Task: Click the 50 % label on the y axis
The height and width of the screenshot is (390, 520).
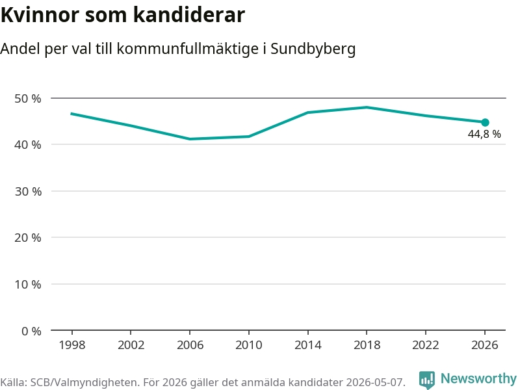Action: (x=28, y=99)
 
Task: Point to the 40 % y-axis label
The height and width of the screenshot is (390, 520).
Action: (x=28, y=144)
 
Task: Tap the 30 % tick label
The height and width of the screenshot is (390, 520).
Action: (x=28, y=191)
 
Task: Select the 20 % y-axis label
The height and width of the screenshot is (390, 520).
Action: (x=28, y=237)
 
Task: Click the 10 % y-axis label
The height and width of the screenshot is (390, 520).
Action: (x=28, y=284)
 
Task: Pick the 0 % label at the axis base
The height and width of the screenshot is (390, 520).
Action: (x=31, y=331)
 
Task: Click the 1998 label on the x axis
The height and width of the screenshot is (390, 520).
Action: (x=72, y=345)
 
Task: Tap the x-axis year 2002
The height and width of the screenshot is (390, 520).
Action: (x=131, y=345)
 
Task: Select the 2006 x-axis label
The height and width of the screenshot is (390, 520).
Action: (x=190, y=345)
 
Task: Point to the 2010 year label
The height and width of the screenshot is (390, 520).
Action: (x=249, y=345)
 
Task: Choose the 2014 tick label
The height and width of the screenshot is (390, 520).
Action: (x=307, y=345)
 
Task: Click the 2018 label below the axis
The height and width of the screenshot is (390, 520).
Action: (x=367, y=345)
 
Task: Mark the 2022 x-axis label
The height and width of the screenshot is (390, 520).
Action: (x=426, y=345)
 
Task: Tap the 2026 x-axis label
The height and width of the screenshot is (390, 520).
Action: (x=484, y=345)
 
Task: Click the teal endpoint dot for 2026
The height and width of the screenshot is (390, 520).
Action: (x=485, y=123)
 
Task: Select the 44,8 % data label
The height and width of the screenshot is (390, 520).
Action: (x=484, y=134)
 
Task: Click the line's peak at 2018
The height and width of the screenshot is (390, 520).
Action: (x=367, y=107)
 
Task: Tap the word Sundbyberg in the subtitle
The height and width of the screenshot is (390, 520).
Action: (x=313, y=49)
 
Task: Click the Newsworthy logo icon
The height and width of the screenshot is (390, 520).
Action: (x=427, y=380)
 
